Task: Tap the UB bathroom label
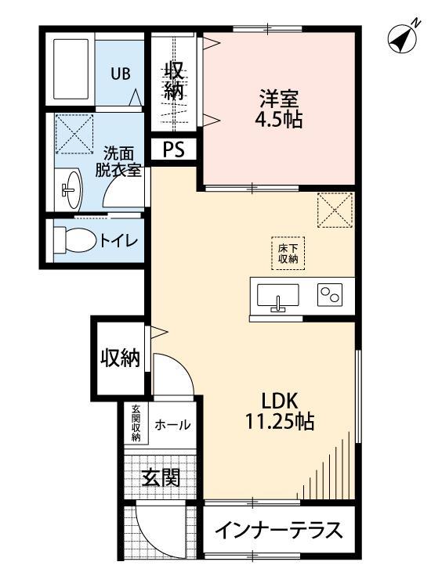[120, 74]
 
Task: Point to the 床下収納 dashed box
[288, 253]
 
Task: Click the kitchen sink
[277, 298]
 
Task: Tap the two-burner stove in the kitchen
[328, 296]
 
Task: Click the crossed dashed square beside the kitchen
[335, 210]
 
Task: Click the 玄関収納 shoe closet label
[136, 423]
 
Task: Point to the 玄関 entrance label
[161, 476]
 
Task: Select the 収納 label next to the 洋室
[174, 79]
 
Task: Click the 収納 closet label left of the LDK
[119, 358]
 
